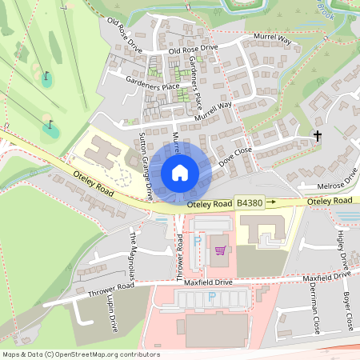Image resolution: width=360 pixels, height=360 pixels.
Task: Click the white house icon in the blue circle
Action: [x=180, y=172]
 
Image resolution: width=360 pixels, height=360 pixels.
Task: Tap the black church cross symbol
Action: [x=318, y=136]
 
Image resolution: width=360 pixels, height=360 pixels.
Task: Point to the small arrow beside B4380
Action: [x=271, y=203]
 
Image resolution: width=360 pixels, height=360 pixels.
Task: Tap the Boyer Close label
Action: [x=347, y=311]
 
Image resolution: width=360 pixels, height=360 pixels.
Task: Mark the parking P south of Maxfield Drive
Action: [x=212, y=297]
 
